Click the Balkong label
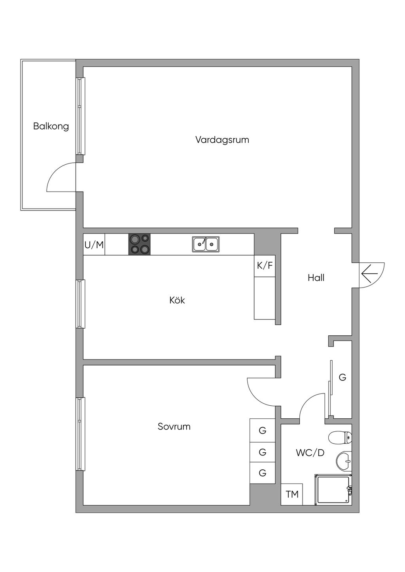51,126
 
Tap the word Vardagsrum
222,140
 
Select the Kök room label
177,300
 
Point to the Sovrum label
174,427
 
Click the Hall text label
316,278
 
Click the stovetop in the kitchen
139,245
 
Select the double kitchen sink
206,245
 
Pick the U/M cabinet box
94,245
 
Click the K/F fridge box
265,266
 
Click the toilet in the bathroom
340,438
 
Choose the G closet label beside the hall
343,377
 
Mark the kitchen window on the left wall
81,304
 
